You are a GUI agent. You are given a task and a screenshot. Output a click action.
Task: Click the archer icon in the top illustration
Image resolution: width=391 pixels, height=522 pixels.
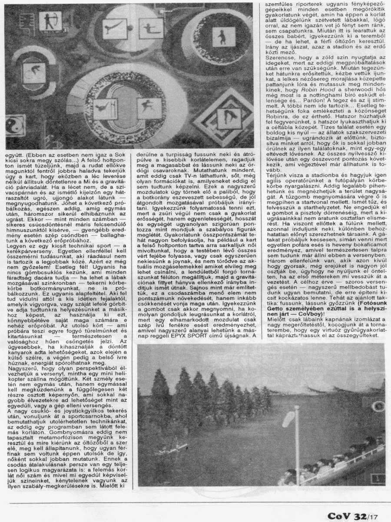pos(50,21)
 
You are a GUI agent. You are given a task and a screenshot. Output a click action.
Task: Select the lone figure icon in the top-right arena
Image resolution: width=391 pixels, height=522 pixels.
pos(223,37)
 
